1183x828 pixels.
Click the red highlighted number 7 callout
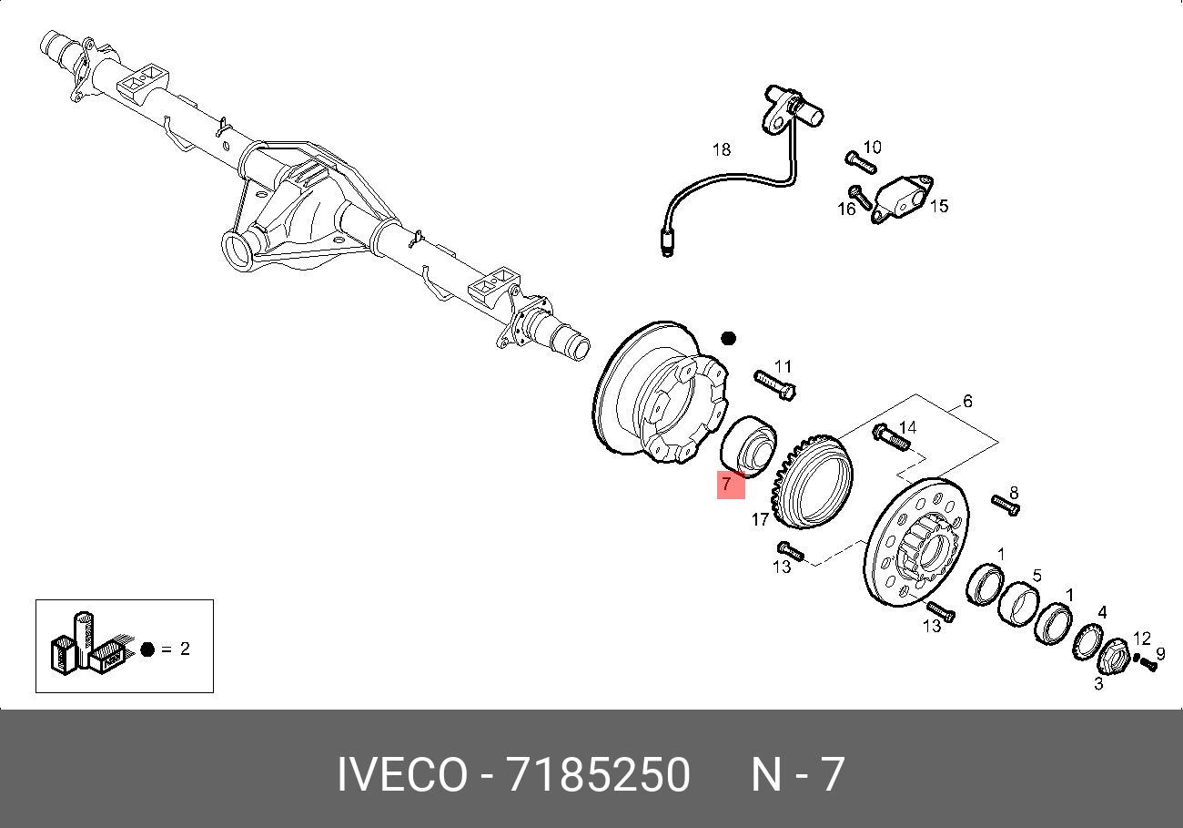(731, 485)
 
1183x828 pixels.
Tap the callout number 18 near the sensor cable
(722, 149)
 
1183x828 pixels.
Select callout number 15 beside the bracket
(939, 206)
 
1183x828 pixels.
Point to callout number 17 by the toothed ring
(760, 520)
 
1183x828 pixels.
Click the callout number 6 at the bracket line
(967, 402)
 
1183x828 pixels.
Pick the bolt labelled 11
(775, 385)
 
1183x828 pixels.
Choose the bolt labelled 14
(892, 436)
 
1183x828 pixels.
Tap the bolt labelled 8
(1006, 505)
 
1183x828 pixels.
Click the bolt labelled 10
(861, 162)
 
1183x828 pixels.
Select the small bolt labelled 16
(859, 197)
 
